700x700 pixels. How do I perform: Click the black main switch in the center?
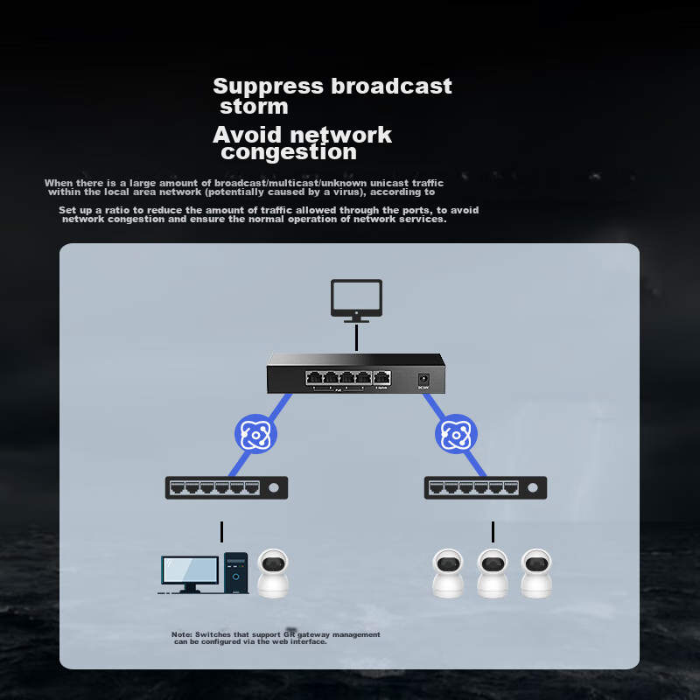click(x=356, y=374)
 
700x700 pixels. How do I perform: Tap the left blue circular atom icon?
click(x=255, y=434)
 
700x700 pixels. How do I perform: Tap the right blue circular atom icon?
click(x=455, y=434)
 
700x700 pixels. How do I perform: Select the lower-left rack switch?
click(x=226, y=487)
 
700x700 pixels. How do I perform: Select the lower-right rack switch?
click(x=485, y=487)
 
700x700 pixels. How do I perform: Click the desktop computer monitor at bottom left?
click(x=190, y=572)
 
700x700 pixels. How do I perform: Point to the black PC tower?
click(x=235, y=573)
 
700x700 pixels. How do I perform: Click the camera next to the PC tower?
click(x=273, y=573)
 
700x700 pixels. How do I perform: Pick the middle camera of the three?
click(x=493, y=573)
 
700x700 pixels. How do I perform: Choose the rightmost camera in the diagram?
click(x=536, y=573)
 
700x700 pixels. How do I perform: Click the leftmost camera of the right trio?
click(x=448, y=573)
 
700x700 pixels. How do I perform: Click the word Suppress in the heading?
click(x=269, y=87)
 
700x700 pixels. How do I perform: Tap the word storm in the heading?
click(x=254, y=107)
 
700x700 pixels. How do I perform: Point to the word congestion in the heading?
click(x=289, y=152)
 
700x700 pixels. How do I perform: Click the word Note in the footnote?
click(x=181, y=634)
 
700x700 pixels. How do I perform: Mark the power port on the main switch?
click(x=423, y=379)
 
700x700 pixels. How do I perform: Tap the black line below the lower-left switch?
click(x=222, y=532)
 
